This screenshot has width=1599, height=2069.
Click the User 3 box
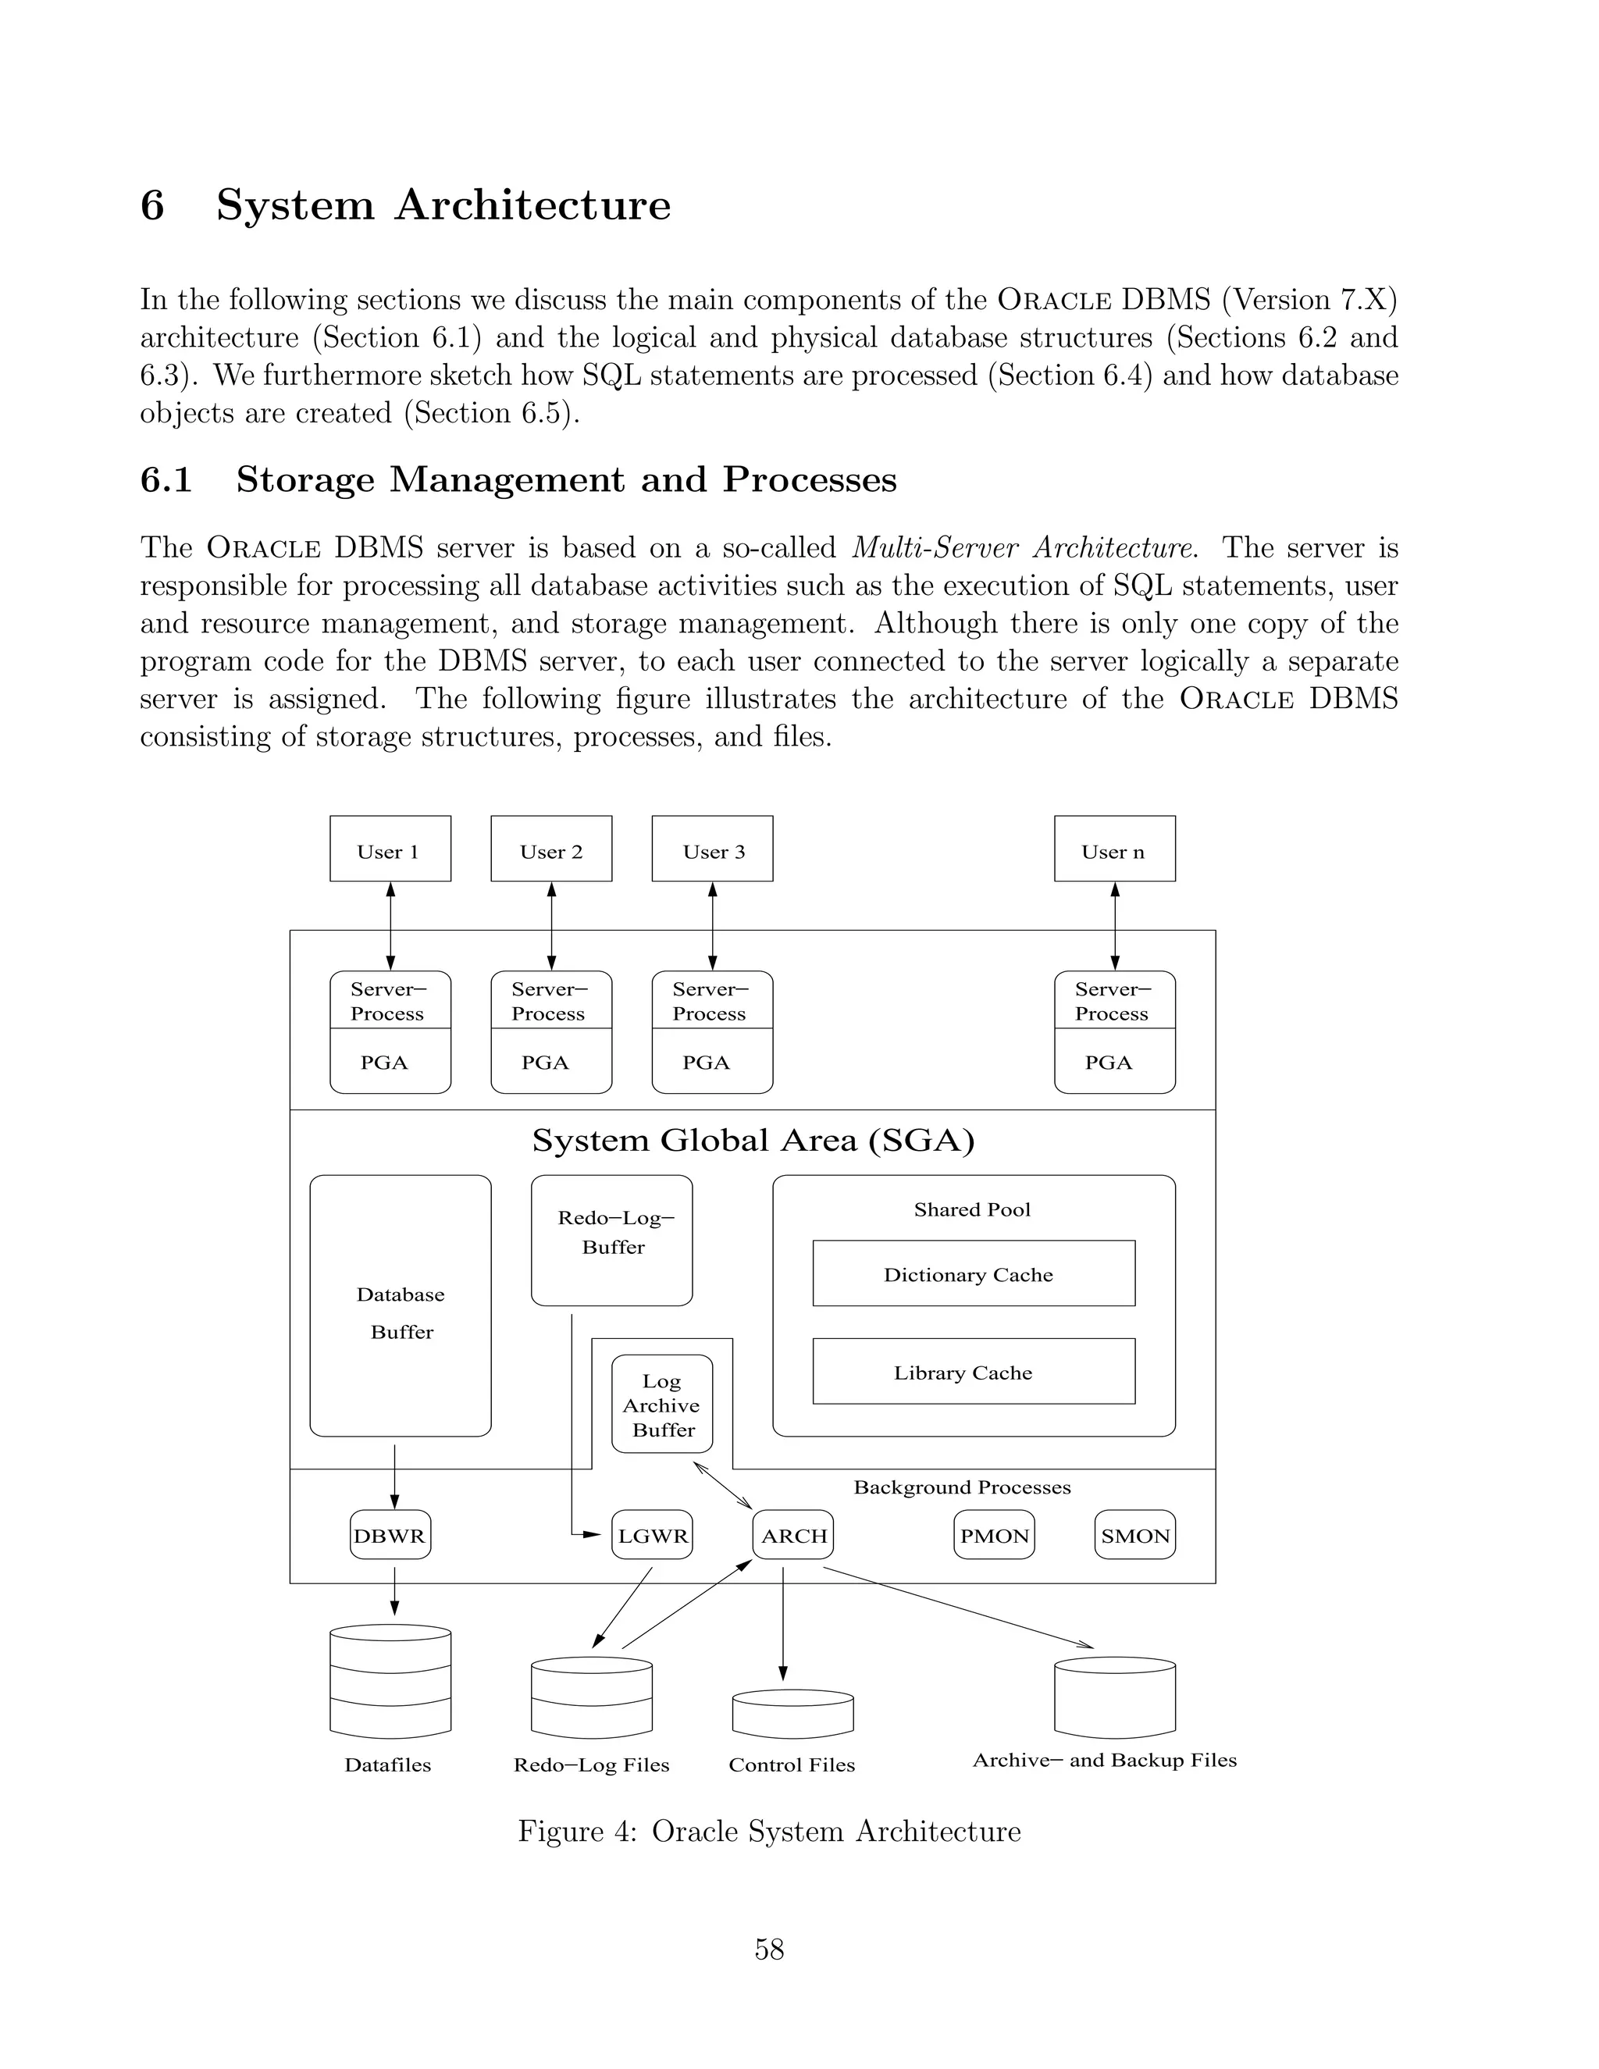coord(711,848)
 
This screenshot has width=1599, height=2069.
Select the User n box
coord(1114,848)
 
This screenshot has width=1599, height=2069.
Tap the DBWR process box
coord(390,1536)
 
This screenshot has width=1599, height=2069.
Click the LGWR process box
coord(652,1536)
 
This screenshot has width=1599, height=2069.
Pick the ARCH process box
coord(793,1536)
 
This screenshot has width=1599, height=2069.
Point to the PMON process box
coord(994,1536)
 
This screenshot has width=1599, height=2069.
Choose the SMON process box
coord(1134,1536)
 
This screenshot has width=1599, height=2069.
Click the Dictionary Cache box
coord(973,1273)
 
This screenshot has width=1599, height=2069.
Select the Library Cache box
coord(973,1372)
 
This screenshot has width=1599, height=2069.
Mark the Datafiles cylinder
coord(390,1682)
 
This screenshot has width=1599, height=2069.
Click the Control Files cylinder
coord(793,1714)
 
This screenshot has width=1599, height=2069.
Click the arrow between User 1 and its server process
coord(390,925)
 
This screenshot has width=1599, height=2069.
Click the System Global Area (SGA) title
coord(753,1140)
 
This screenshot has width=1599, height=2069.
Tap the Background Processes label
coord(961,1487)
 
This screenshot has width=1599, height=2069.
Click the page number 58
coord(769,1949)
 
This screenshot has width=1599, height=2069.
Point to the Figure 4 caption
coord(769,1831)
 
